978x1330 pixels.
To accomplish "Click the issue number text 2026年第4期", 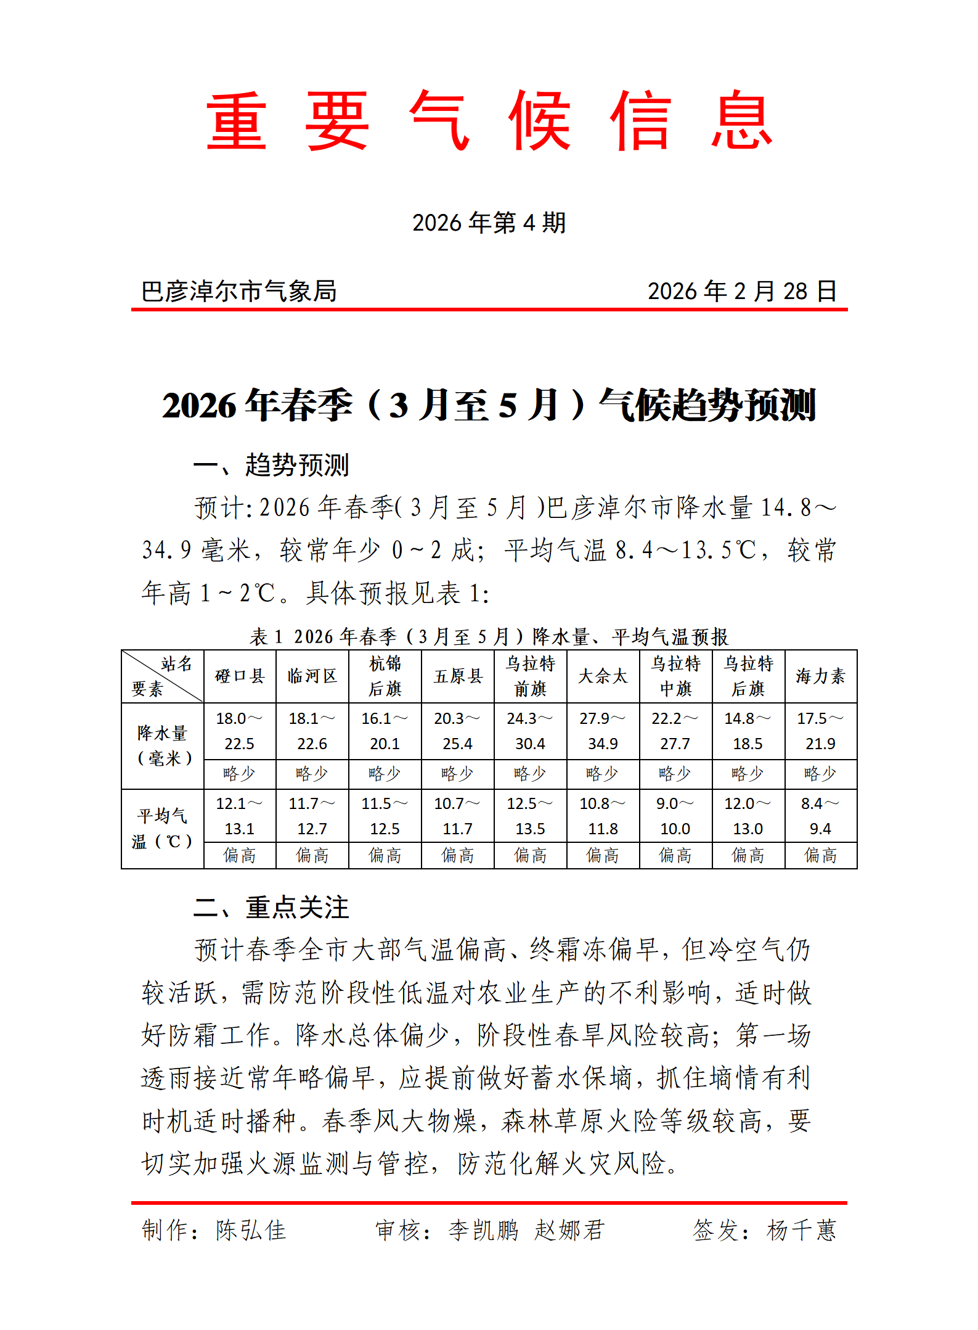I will click(489, 223).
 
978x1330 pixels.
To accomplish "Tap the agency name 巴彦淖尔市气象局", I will click(239, 291).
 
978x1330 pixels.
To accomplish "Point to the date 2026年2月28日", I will click(742, 291).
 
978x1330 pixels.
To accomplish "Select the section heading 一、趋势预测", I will click(271, 465).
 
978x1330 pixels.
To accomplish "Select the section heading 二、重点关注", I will click(271, 908).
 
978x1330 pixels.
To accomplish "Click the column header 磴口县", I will click(240, 676).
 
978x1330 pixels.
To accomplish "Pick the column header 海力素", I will click(820, 676).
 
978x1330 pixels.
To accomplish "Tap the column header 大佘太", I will click(603, 676).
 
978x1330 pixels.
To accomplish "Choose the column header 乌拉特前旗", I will click(530, 676).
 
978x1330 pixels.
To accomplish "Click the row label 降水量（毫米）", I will click(163, 745).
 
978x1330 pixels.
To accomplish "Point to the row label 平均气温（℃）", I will click(163, 829).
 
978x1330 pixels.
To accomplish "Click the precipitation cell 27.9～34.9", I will click(603, 731).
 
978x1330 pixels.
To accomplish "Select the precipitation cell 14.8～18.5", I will click(748, 731).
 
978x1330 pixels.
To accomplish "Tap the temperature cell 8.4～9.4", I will click(820, 816).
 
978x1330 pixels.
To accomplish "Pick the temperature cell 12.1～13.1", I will click(240, 816).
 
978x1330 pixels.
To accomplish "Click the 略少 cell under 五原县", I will click(457, 774).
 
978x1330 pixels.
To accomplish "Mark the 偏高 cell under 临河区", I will click(312, 855).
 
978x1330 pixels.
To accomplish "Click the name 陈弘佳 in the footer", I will click(251, 1230).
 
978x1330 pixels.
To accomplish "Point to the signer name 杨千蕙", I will click(801, 1230).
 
